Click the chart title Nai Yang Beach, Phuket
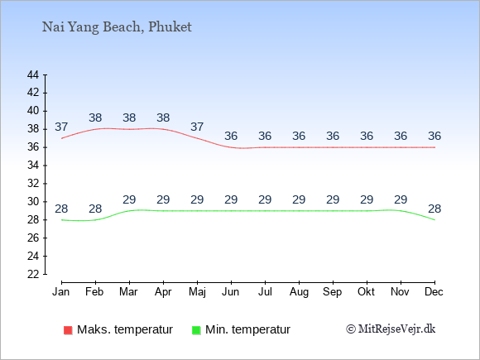pos(117,27)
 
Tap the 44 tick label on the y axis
pos(33,74)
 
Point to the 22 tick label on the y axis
pos(33,274)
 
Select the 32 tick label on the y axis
pos(33,184)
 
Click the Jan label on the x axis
pos(61,292)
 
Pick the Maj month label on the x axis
pos(197,292)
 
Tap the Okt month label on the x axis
pos(366,292)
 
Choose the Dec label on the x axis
pos(434,292)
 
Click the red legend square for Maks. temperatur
pos(68,330)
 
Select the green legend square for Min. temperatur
pos(196,330)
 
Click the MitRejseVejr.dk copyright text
pos(391,329)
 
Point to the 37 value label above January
pos(61,127)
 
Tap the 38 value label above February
pos(95,118)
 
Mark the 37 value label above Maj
pos(197,127)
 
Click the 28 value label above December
pos(434,209)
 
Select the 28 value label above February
pos(95,209)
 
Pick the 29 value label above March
pos(129,199)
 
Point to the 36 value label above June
pos(231,136)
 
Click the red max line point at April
pos(164,129)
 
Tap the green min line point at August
pos(299,211)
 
